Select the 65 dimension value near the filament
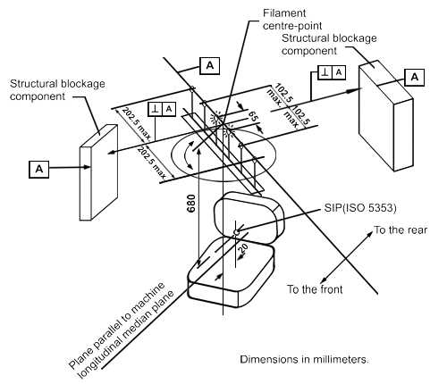[x=253, y=116]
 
